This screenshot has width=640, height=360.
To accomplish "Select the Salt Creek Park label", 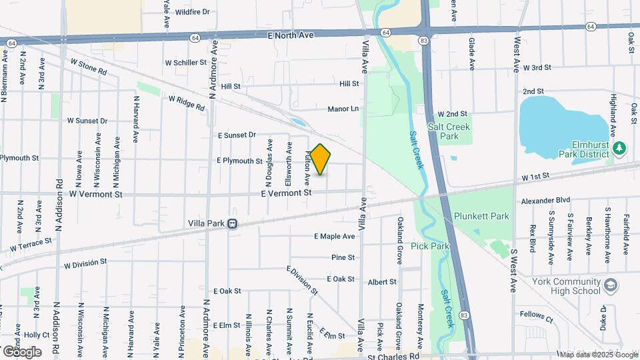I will [449, 131].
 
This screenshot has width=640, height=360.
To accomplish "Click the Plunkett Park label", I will [481, 216].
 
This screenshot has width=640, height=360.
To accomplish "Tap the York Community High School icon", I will [611, 286].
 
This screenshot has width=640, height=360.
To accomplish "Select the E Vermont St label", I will [286, 193].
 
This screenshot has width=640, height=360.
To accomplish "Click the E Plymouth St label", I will [239, 161].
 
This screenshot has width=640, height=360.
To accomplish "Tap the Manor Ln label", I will [343, 109].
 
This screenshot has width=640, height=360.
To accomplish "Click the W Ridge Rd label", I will [186, 103].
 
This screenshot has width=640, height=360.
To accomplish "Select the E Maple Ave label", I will [334, 236].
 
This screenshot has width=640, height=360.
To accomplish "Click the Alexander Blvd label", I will [546, 200].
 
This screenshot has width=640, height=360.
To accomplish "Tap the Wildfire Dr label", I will [192, 12].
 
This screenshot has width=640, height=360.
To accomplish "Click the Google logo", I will [22, 351].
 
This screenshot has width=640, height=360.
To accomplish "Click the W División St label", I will [85, 263].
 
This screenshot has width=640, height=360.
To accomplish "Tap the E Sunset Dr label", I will [237, 135].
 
